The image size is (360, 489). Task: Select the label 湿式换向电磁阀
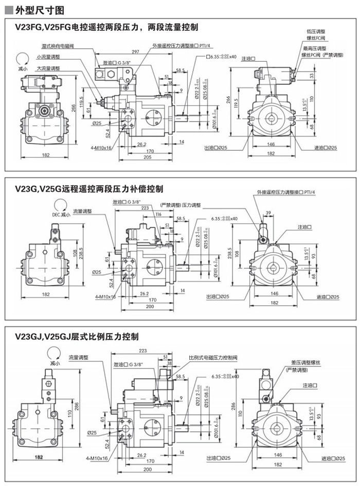[53, 46]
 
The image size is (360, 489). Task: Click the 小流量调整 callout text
[48, 57]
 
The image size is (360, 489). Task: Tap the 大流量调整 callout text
[48, 67]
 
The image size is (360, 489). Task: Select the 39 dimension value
[268, 213]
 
